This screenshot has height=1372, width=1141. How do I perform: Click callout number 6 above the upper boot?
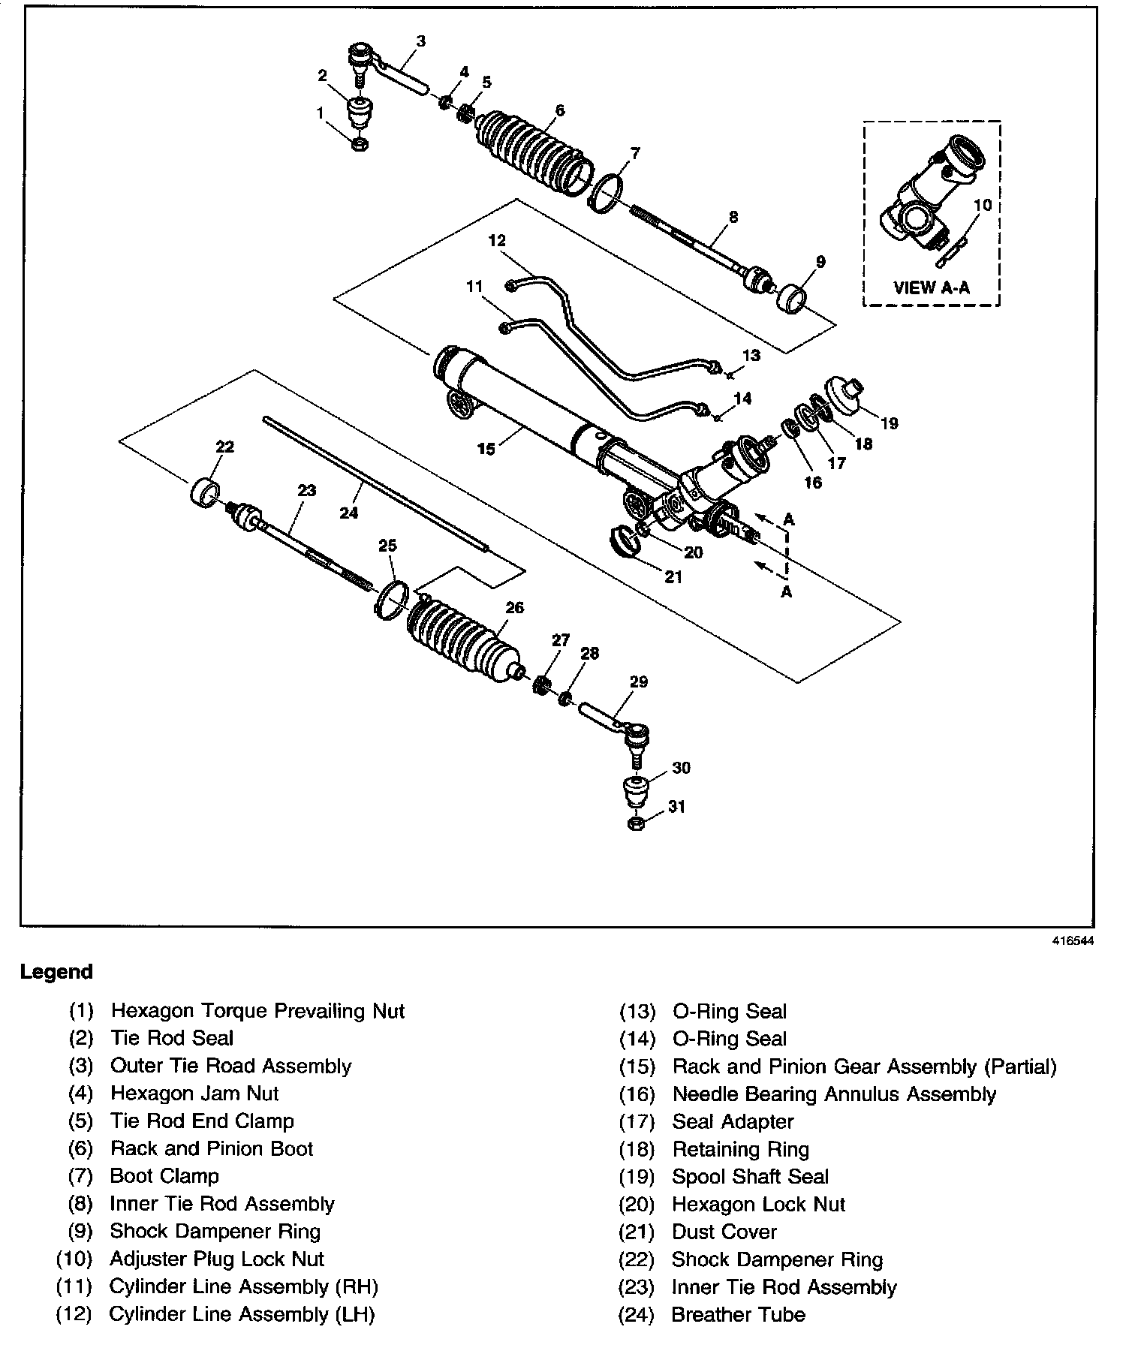pos(559,110)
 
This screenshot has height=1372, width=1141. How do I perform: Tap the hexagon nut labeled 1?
pos(359,143)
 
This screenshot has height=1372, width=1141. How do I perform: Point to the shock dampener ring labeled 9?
pos(793,298)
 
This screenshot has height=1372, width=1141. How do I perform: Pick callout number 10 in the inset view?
pos(983,205)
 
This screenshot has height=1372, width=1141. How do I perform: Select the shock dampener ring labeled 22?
pos(206,492)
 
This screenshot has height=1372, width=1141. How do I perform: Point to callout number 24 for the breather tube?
pos(349,513)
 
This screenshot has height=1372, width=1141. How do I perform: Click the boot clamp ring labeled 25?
pos(391,599)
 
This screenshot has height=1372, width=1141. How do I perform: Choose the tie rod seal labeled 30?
pos(636,792)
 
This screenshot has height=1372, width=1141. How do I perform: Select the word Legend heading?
pos(56,972)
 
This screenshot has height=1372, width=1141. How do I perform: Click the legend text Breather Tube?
pos(738,1314)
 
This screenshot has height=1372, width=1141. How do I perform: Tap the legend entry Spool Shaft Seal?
pos(750,1176)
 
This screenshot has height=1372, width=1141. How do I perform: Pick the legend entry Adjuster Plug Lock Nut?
pos(217,1259)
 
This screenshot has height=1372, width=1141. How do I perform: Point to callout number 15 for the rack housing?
pos(486,449)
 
